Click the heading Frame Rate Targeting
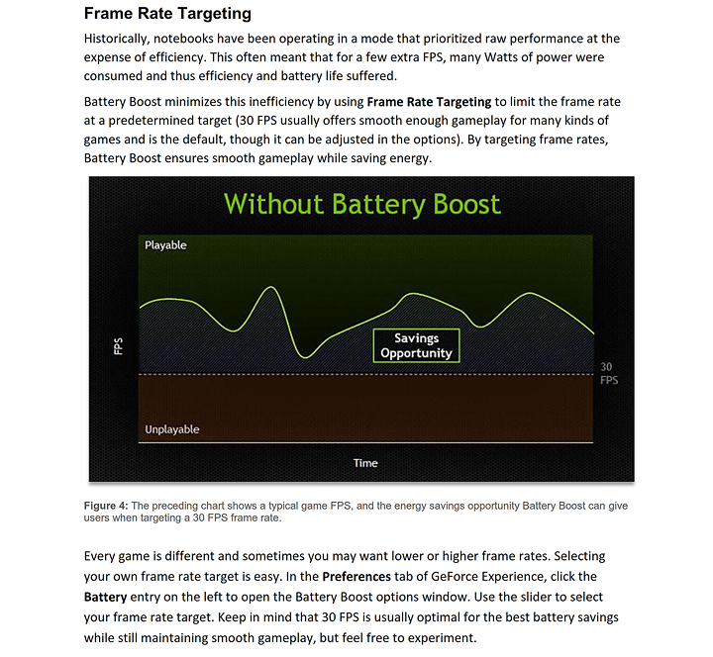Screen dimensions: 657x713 coord(167,14)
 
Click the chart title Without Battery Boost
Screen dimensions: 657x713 coord(361,204)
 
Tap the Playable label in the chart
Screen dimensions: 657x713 coord(165,245)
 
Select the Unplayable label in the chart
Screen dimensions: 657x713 coord(172,429)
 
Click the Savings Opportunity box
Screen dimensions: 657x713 coord(416,345)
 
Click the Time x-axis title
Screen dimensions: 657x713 coord(365,463)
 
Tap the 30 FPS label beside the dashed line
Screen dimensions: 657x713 coord(608,374)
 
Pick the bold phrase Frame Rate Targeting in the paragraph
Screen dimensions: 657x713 coord(429,101)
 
